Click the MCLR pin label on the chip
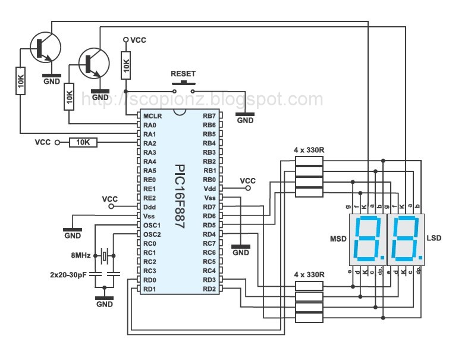pos(150,116)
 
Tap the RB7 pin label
pos(209,116)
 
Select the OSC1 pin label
pos(152,225)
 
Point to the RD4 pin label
pos(209,234)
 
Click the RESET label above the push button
pos(183,74)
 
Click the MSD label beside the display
pos(338,239)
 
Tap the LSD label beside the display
pos(434,239)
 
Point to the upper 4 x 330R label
pos(309,149)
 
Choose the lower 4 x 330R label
pos(309,274)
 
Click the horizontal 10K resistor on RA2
pos(83,143)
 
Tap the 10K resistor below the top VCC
pos(125,65)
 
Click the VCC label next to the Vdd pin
pos(247,180)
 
